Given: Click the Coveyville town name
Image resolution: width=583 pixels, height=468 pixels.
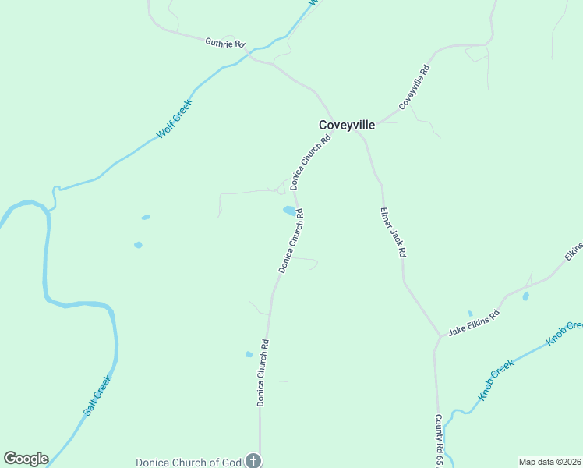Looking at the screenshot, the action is tap(347, 125).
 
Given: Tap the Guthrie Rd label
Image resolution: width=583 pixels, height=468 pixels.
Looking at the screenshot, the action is tap(224, 44).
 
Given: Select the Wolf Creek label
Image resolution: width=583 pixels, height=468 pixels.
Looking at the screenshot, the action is tap(174, 119).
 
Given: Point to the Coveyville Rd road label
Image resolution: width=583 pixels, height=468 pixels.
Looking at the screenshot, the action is tap(414, 87).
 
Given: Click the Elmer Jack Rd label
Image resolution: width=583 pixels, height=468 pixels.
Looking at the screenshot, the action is tap(393, 232).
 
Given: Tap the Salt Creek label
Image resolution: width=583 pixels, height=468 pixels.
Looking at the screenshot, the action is tap(97, 395).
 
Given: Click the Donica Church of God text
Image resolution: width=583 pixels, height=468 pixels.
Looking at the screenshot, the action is tap(188, 462).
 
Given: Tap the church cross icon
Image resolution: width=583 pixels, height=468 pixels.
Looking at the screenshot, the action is tap(253, 461).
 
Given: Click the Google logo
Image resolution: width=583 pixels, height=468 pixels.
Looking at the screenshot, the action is tap(26, 459).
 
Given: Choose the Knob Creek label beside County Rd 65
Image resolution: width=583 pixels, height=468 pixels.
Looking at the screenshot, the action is tap(496, 379).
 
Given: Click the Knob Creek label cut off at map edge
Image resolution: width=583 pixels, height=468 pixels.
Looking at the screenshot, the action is tap(564, 332).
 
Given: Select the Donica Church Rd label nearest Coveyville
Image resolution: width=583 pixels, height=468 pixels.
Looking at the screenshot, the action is tap(311, 162).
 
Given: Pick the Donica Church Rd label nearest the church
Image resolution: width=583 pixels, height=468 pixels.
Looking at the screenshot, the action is tap(263, 372).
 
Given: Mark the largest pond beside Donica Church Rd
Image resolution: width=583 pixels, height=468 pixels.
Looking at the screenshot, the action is tap(289, 211).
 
